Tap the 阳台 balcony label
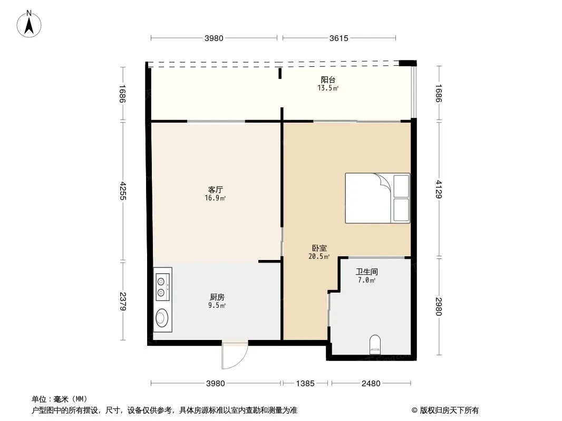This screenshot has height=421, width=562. tap(328, 80)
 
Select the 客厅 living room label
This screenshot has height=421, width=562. tap(216, 189)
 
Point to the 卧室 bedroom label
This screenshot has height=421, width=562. tap(319, 248)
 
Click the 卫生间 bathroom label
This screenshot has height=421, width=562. tap(366, 272)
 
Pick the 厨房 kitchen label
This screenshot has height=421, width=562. tap(217, 297)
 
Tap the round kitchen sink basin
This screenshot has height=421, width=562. tap(162, 318)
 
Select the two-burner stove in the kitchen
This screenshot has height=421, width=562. tap(162, 287)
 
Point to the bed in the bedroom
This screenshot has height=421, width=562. tap(377, 198)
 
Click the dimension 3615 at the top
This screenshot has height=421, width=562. tap(338, 38)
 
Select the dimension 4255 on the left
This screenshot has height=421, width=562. tap(123, 191)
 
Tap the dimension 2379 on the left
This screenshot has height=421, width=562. tap(123, 301)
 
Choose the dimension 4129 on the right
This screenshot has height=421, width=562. tap(439, 189)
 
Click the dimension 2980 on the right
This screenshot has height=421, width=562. tap(439, 307)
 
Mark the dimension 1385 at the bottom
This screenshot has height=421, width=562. tap(305, 384)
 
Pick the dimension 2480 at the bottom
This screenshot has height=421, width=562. tap(371, 384)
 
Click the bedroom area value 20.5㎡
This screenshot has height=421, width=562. tap(319, 256)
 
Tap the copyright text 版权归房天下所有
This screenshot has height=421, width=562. tap(449, 410)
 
